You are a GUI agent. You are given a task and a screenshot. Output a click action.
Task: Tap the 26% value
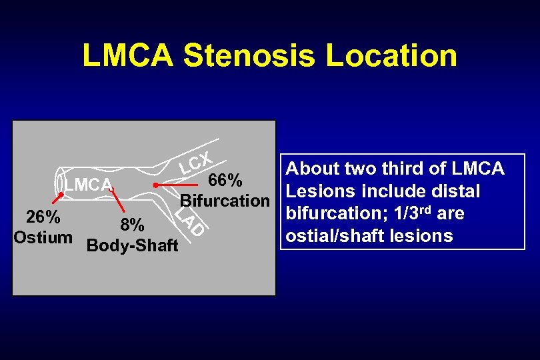tap(43, 218)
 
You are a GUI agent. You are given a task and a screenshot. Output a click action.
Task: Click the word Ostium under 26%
tap(43, 237)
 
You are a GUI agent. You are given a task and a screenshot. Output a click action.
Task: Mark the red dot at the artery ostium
tap(60, 195)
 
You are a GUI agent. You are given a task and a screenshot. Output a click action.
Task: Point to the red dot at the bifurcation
tap(155, 184)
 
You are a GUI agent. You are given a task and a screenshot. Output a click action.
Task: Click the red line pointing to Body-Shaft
tap(118, 201)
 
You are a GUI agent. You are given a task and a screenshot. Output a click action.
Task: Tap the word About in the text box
tap(313, 169)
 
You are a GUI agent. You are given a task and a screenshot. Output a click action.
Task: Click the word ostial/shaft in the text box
tap(331, 236)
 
